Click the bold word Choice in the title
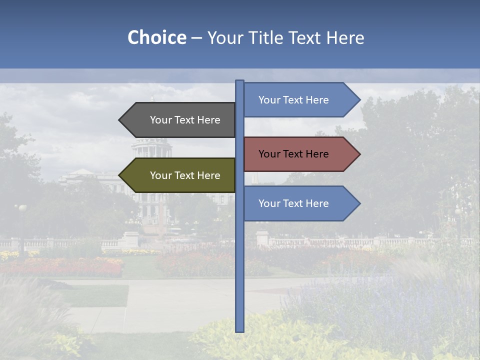point(156,37)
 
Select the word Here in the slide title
point(345,37)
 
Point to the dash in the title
point(196,38)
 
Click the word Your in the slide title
point(225,37)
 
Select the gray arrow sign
point(180,120)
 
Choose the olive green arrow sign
point(180,175)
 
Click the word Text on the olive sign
point(185,175)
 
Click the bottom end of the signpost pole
point(239,330)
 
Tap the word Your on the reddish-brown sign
point(269,154)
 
